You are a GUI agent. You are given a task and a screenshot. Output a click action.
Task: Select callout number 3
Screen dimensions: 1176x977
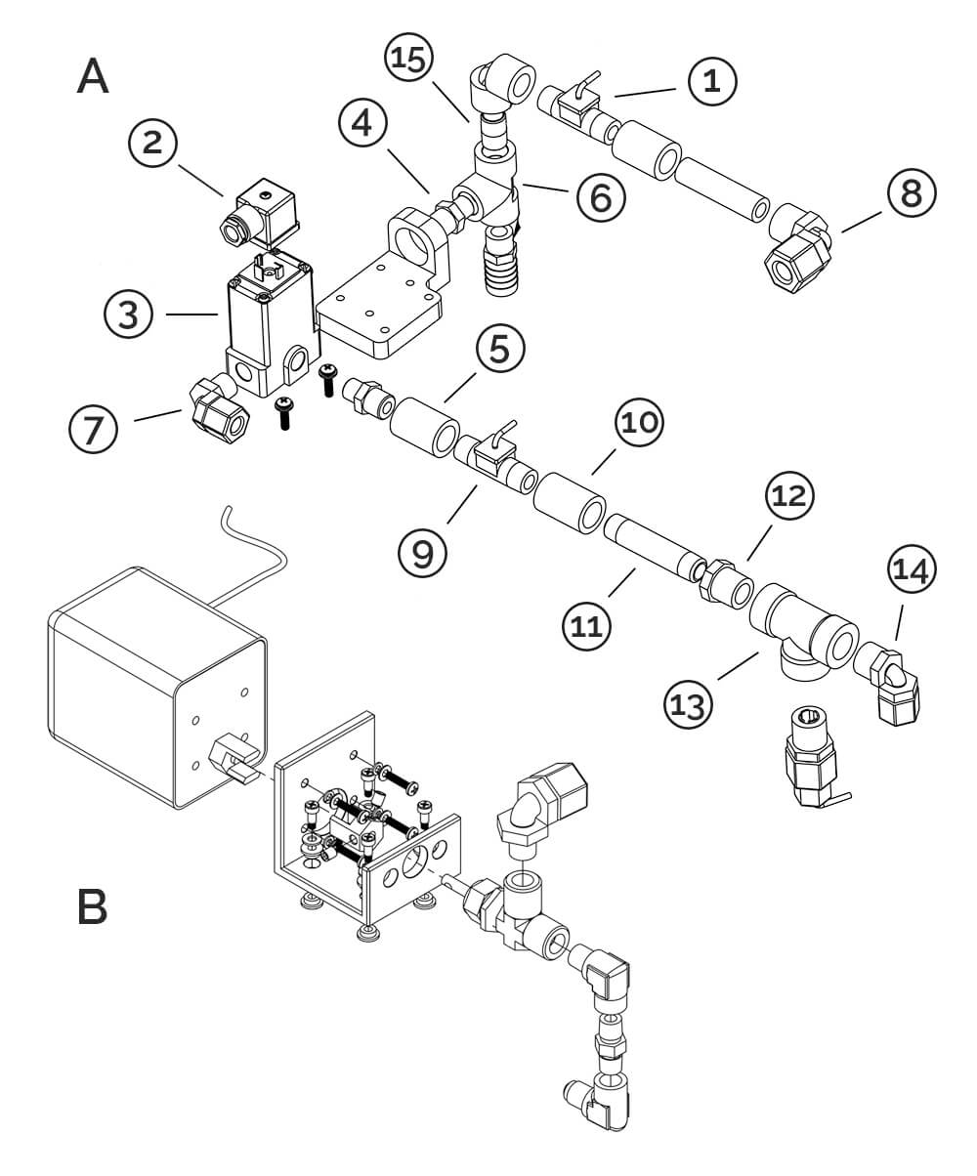129,315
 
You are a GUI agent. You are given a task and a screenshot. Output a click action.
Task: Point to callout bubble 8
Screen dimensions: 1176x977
912,194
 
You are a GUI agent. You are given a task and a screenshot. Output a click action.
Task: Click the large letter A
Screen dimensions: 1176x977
93,76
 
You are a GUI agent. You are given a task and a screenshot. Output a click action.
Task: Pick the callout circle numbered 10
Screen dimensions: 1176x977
640,426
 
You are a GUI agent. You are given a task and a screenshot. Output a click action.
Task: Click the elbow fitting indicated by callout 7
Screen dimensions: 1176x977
216,412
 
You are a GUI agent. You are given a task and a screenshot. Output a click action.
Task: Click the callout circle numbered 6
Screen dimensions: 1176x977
601,197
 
